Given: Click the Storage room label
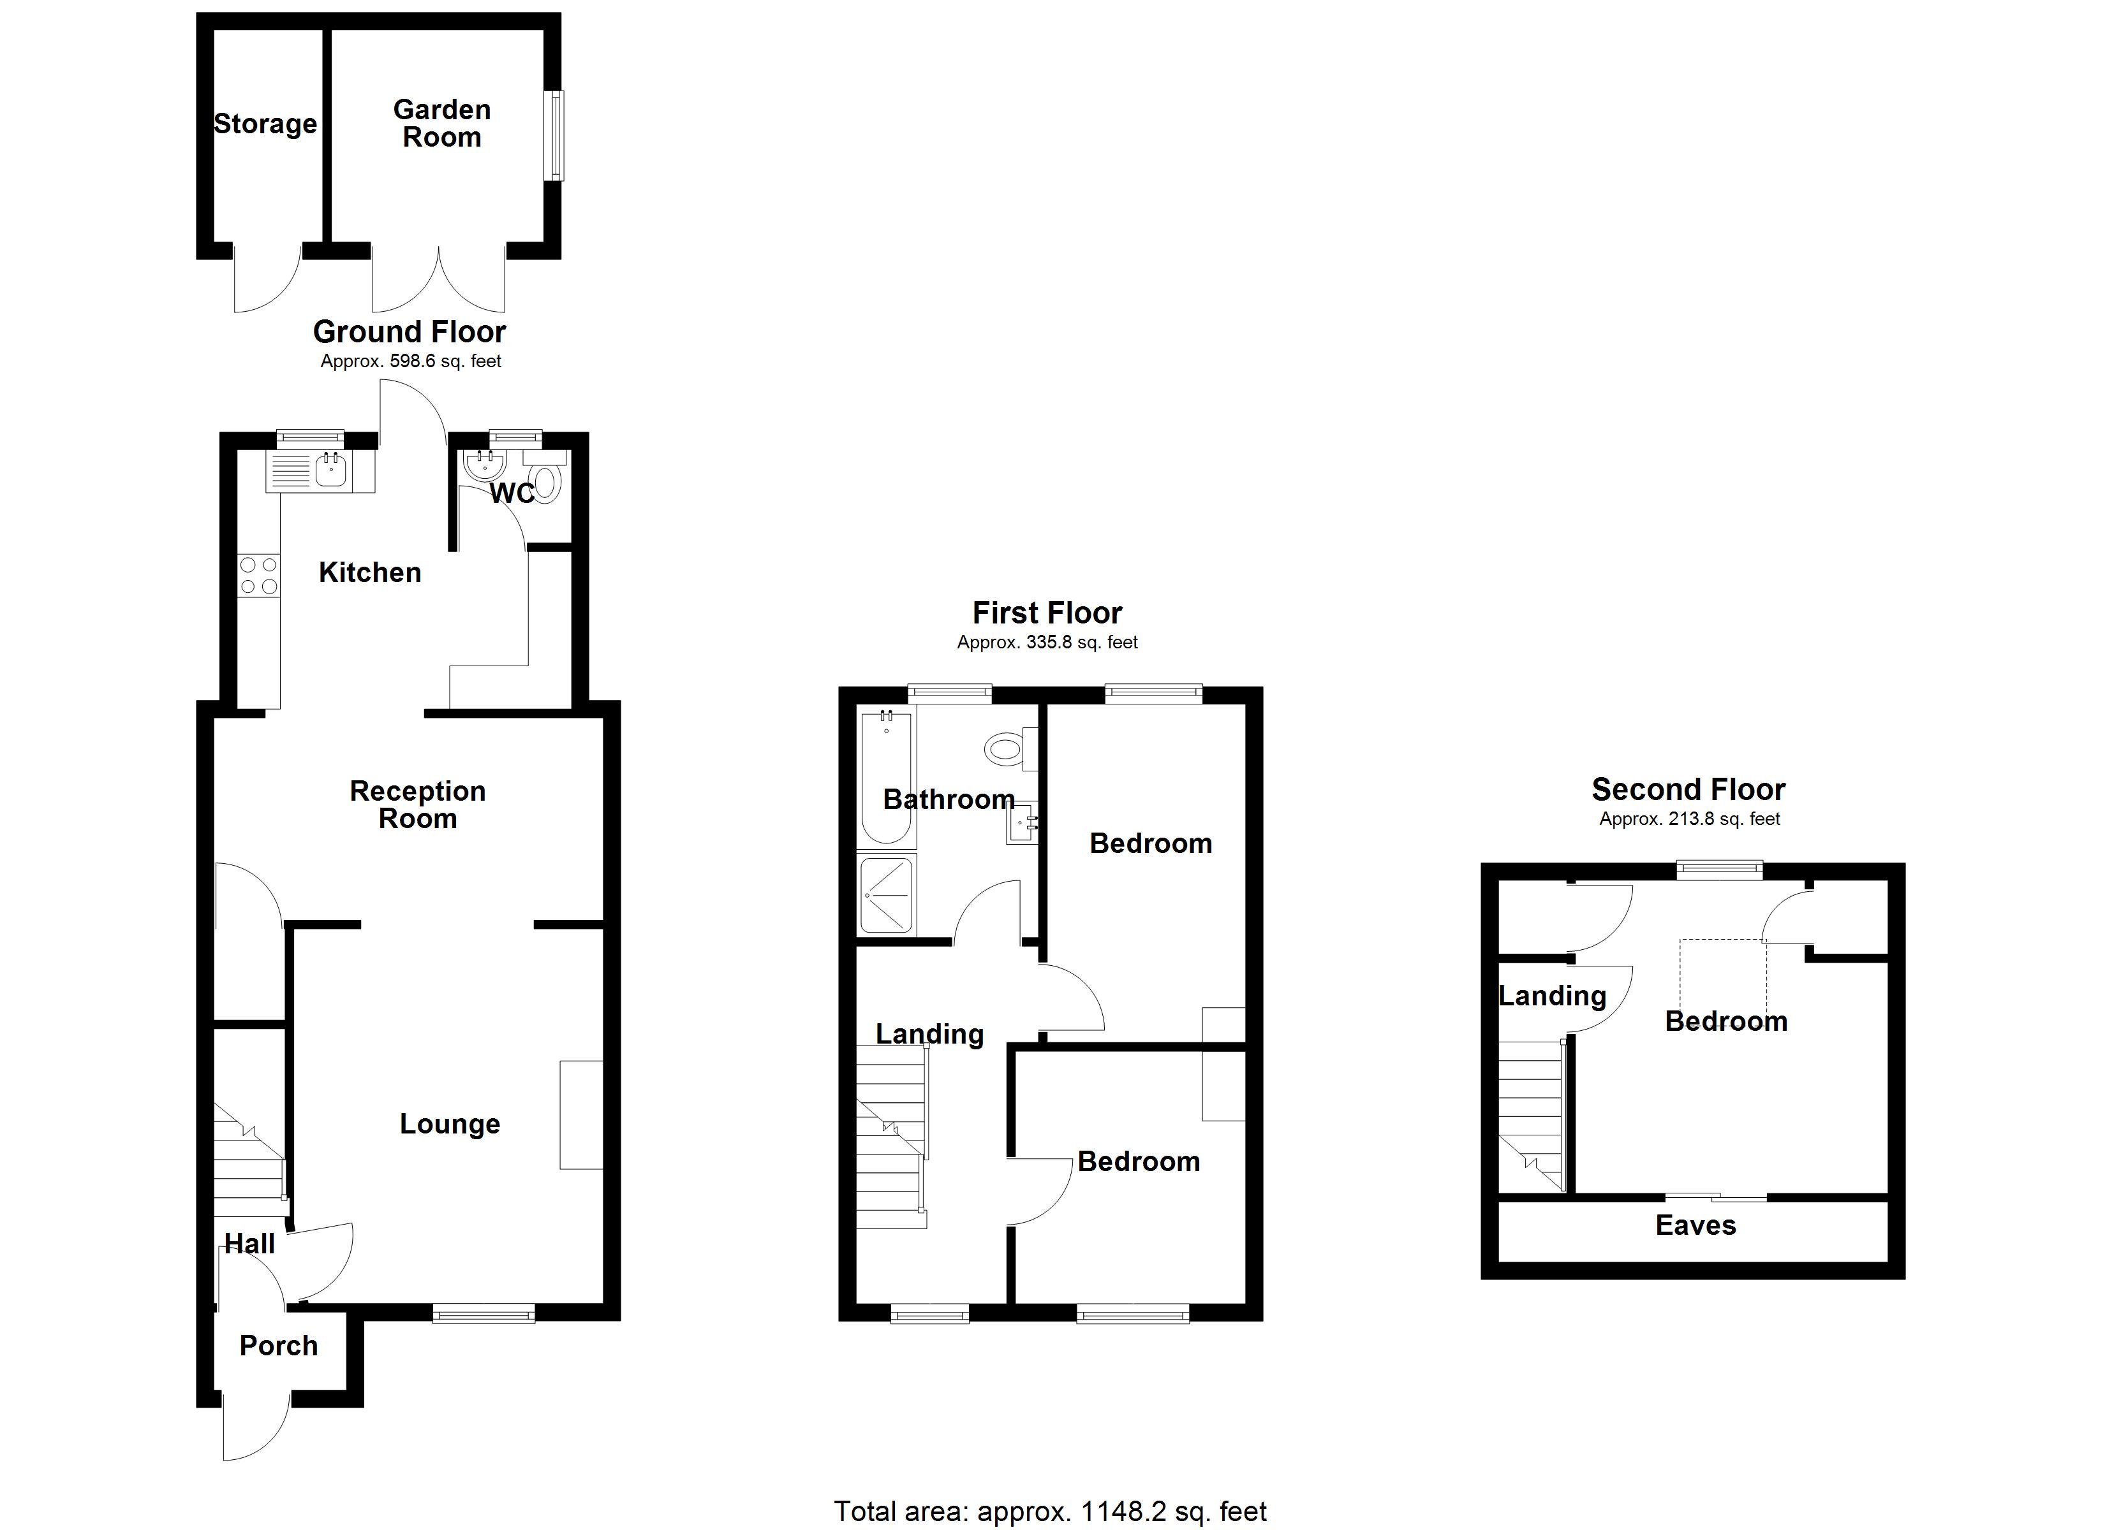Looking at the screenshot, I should click(265, 124).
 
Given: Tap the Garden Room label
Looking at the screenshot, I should click(442, 124).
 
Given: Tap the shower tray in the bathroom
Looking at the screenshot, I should click(887, 894).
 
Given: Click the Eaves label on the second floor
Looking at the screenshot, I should click(1695, 1226).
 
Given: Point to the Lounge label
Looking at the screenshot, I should click(450, 1125).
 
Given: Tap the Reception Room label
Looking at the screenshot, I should click(418, 805).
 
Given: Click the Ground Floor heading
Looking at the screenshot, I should click(410, 331).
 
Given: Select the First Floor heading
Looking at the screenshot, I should click(1047, 613).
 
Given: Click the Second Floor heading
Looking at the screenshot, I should click(1688, 790).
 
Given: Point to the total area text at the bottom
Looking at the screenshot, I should click(1050, 1512).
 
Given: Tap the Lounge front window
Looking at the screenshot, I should click(484, 1313).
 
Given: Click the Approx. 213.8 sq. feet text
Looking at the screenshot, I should click(1689, 819).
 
